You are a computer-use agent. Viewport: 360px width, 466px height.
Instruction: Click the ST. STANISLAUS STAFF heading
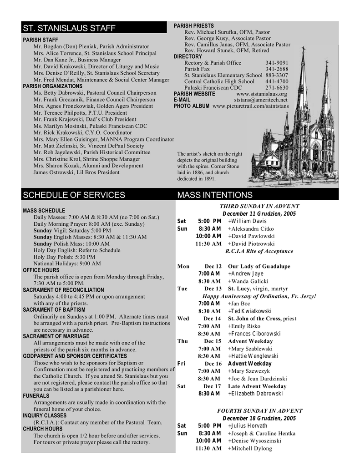point(69,29)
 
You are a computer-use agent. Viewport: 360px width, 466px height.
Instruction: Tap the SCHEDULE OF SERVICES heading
point(74,195)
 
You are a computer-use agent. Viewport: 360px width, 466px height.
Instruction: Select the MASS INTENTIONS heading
point(214,195)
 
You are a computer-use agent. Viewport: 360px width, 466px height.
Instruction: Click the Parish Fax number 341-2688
point(277,69)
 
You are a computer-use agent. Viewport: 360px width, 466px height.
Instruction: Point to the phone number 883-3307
point(277,76)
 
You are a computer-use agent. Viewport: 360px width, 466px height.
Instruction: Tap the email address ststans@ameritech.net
point(261,100)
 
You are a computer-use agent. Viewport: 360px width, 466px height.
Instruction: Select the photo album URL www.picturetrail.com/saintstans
point(250,106)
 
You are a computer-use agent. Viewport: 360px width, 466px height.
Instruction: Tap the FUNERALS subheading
point(36,396)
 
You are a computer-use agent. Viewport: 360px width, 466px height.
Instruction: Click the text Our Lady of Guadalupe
point(259,266)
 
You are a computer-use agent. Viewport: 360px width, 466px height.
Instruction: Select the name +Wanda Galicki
point(248,281)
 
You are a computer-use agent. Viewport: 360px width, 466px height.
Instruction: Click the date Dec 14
point(212,319)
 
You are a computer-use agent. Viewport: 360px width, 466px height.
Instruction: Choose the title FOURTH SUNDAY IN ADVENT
point(259,410)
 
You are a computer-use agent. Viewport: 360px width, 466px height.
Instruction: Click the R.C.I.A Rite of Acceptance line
point(259,251)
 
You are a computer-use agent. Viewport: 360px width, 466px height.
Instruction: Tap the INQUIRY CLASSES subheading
point(45,415)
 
